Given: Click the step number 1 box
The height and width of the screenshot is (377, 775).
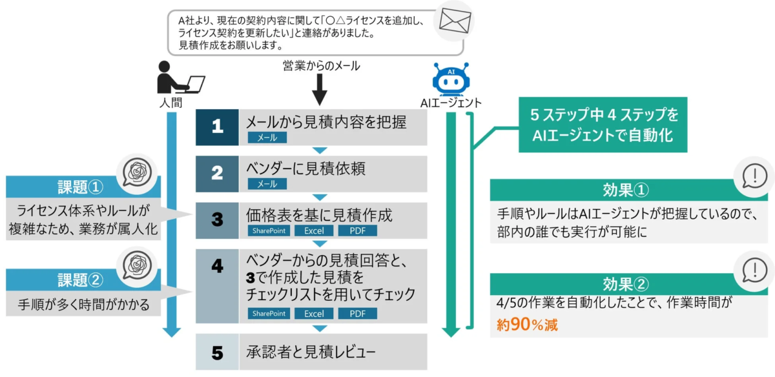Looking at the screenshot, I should click(x=217, y=127).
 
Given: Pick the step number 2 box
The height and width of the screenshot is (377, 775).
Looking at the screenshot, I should click(x=217, y=174).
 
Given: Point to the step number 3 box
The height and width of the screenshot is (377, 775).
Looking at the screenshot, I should click(x=217, y=219).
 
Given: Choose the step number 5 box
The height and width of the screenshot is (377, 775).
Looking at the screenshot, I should click(x=217, y=352).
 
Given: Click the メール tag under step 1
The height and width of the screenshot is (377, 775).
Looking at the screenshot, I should click(x=267, y=138).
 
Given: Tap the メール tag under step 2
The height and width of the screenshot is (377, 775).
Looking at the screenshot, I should click(x=267, y=184).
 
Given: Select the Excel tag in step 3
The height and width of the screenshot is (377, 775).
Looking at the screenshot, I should click(x=314, y=230).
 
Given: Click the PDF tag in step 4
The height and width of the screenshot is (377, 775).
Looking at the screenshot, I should click(x=356, y=314).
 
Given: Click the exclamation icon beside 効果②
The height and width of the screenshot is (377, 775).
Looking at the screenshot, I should click(x=754, y=269).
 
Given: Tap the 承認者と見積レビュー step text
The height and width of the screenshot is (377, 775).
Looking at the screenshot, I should click(x=311, y=352).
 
